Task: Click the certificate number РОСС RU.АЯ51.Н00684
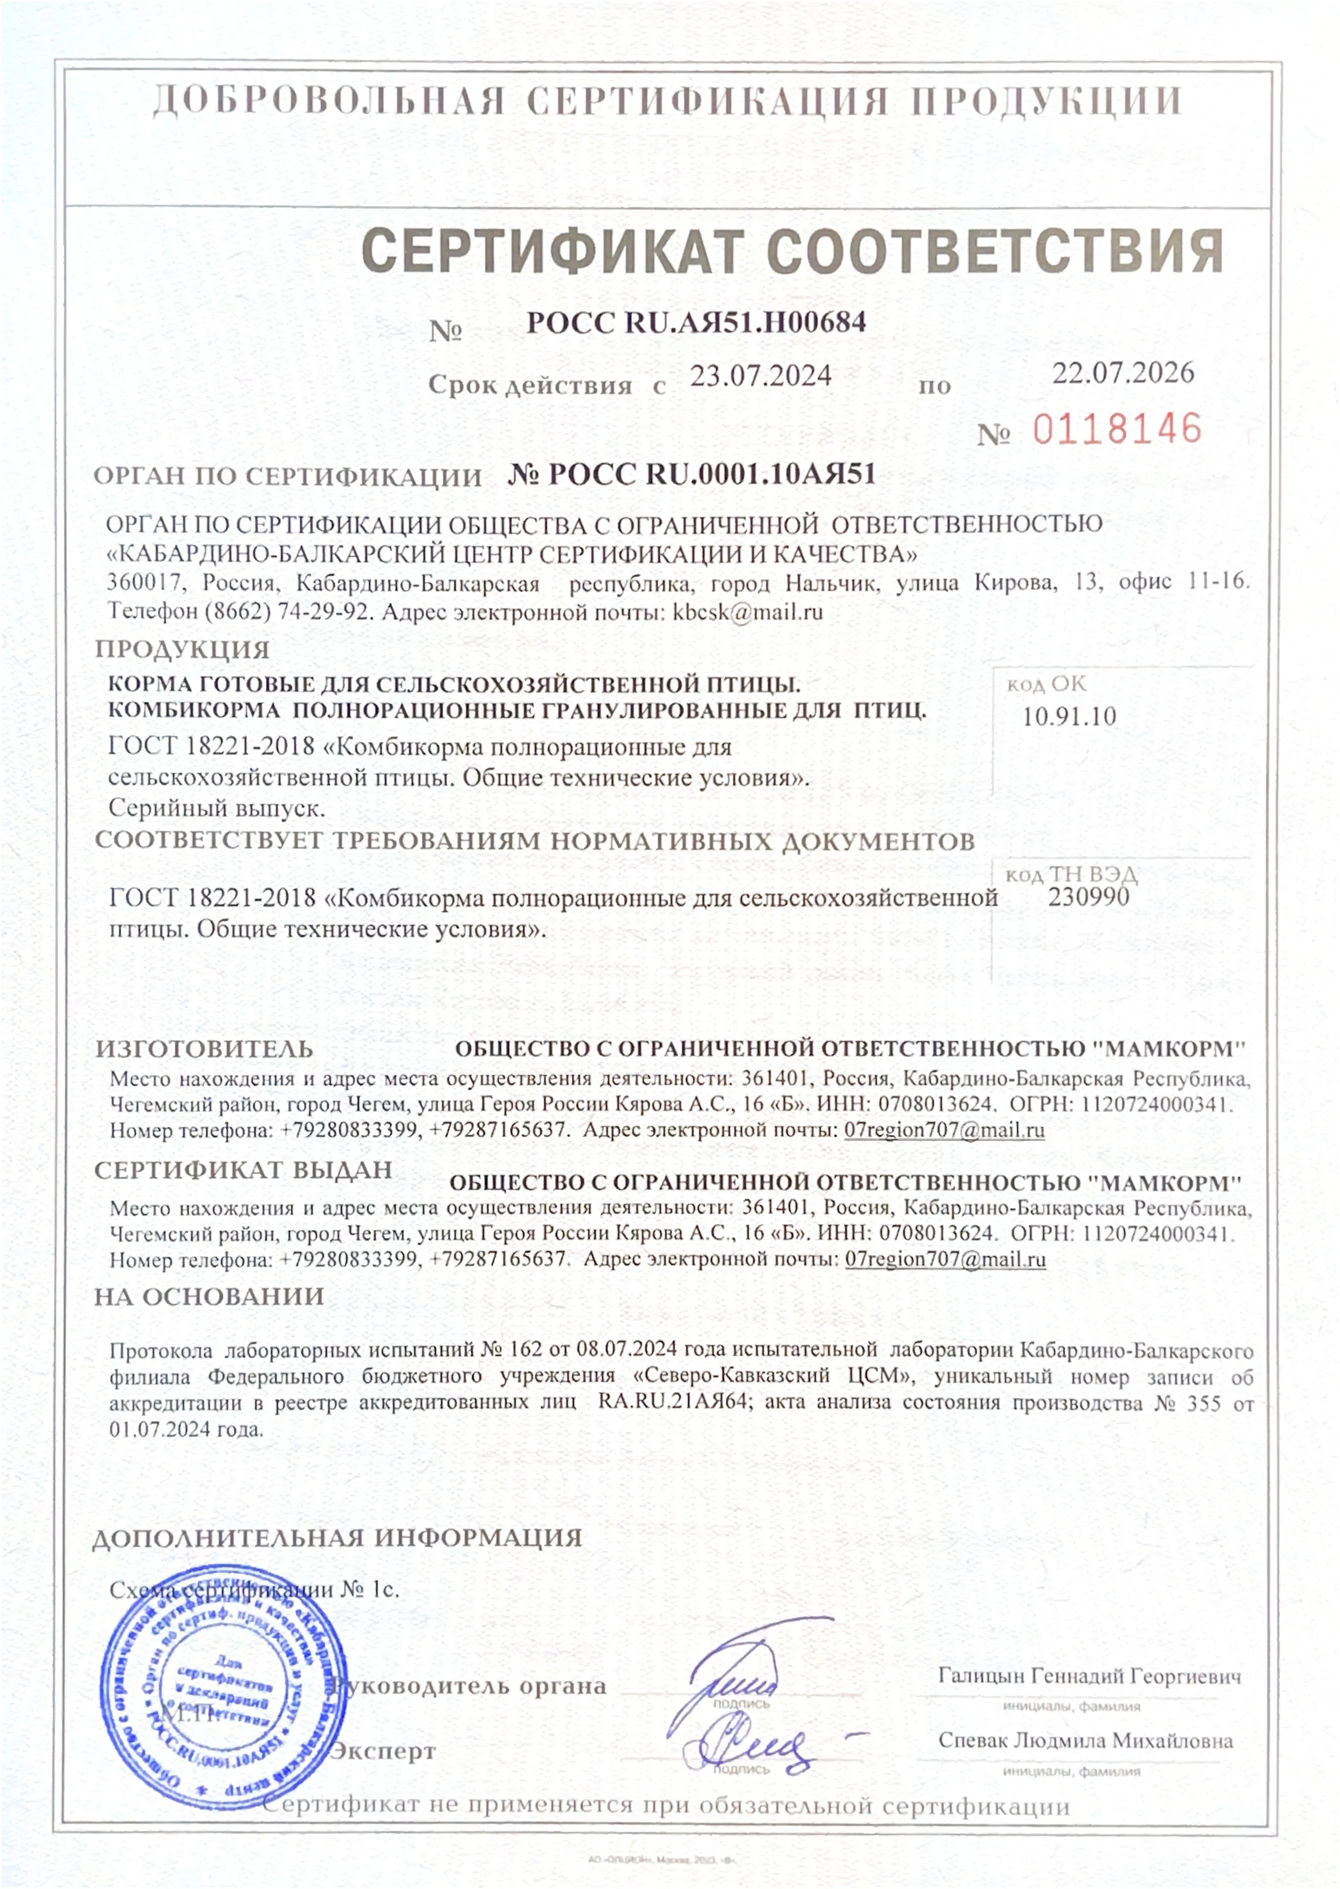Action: [696, 322]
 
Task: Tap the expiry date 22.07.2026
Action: [1122, 373]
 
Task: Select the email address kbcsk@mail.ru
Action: [748, 612]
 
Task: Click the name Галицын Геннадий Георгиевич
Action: [1089, 1676]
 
